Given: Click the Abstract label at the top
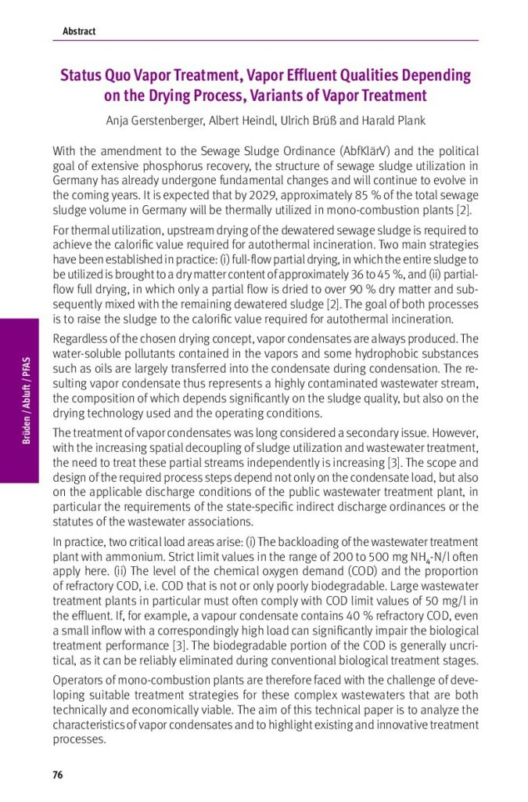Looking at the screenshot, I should pyautogui.click(x=78, y=31).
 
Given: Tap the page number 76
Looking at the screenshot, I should pyautogui.click(x=57, y=775).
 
